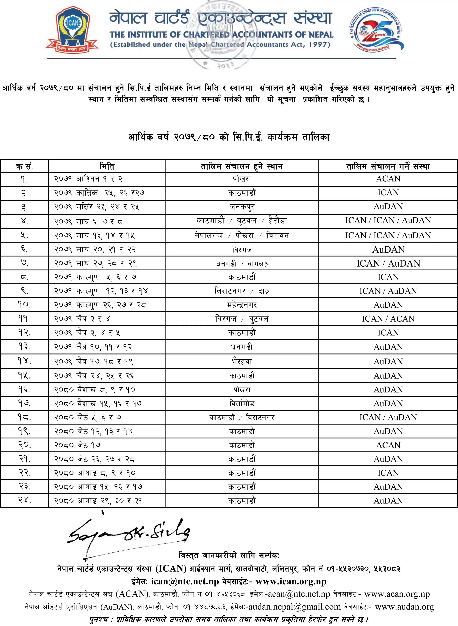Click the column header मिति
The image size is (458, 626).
tap(107, 166)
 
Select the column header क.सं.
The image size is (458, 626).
tap(24, 166)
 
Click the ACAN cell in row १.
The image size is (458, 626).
tap(388, 179)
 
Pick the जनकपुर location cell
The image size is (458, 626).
tap(242, 207)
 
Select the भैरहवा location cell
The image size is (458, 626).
tap(242, 361)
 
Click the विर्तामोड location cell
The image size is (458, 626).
tap(242, 403)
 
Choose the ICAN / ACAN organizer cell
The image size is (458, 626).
tap(388, 319)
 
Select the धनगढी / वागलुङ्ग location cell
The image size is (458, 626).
tap(242, 263)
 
